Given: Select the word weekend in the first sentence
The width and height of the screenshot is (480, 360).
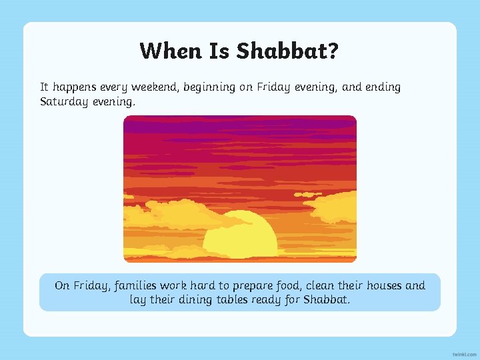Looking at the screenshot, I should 155,87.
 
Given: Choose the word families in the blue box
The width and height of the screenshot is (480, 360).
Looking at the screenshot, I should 137,285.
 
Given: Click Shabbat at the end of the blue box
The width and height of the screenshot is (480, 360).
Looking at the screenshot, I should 327,300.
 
